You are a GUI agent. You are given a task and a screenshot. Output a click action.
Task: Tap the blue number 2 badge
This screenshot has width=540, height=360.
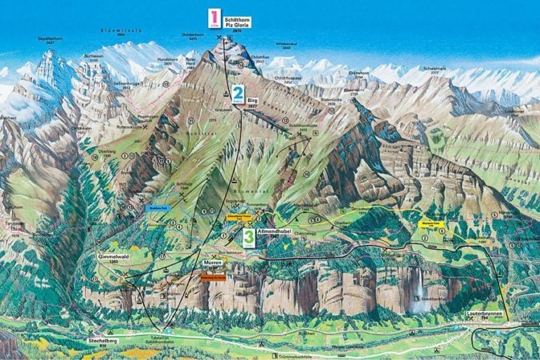tap(238, 93)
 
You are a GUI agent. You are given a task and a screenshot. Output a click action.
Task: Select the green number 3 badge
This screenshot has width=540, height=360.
tap(249, 237)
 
